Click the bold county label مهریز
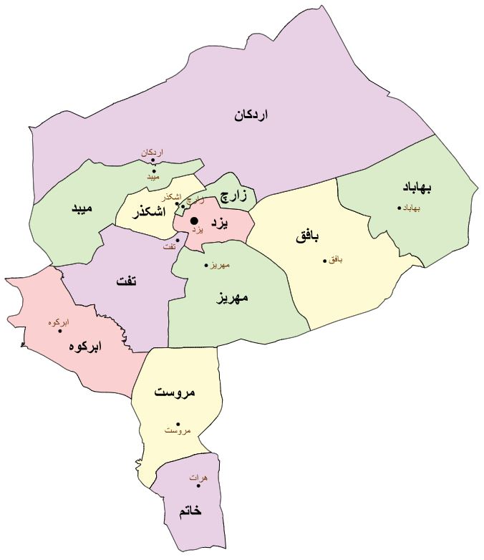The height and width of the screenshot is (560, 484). click(x=232, y=298)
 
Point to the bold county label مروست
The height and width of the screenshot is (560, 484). click(x=175, y=393)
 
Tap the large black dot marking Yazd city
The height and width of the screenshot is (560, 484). click(x=194, y=220)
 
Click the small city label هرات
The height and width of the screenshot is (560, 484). click(x=198, y=477)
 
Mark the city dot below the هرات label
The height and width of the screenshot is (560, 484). click(x=198, y=486)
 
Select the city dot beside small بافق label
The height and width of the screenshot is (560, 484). click(x=324, y=260)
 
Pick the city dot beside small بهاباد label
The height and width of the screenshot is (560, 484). click(x=400, y=208)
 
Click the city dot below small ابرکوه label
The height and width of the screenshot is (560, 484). click(x=60, y=331)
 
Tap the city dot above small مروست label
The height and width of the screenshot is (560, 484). click(x=178, y=423)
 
